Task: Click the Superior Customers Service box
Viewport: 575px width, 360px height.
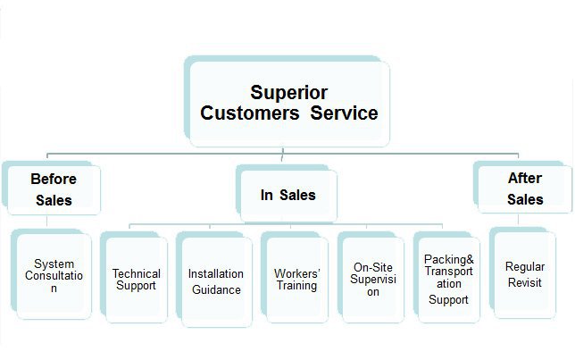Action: pyautogui.click(x=288, y=104)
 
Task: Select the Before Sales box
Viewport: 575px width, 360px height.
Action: pyautogui.click(x=53, y=188)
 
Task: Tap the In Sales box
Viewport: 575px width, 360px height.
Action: pyautogui.click(x=287, y=195)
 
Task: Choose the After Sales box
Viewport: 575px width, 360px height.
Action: pyautogui.click(x=525, y=188)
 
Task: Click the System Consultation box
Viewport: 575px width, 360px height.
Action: pyautogui.click(x=54, y=275)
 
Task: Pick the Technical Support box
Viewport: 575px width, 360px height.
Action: pyautogui.click(x=137, y=280)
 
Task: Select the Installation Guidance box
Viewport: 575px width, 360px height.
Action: pyautogui.click(x=214, y=281)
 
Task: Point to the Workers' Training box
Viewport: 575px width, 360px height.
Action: pyautogui.click(x=296, y=280)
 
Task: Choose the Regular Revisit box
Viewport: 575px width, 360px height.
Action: pyautogui.click(x=524, y=274)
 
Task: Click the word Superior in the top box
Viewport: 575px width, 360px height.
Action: pyautogui.click(x=288, y=92)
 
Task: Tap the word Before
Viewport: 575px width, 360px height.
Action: pyautogui.click(x=53, y=178)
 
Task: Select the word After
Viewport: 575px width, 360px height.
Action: pyautogui.click(x=525, y=178)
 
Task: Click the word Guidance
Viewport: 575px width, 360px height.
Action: pyautogui.click(x=215, y=289)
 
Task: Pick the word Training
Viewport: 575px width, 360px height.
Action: pyautogui.click(x=296, y=286)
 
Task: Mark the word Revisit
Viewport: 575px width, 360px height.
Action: pyautogui.click(x=524, y=282)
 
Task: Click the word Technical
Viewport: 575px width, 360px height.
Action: pyautogui.click(x=137, y=273)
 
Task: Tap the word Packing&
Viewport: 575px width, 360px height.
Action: pyautogui.click(x=449, y=259)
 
